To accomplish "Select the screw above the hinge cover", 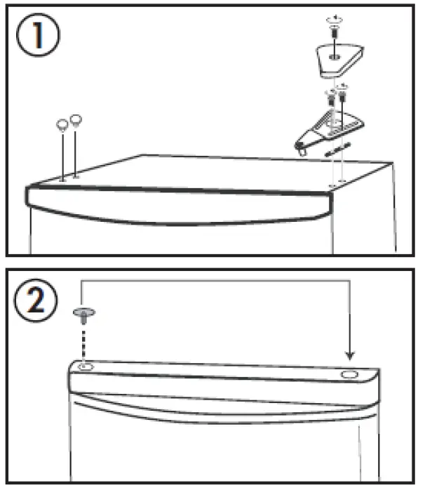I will pyautogui.click(x=335, y=29).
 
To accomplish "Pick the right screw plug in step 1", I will pyautogui.click(x=76, y=120).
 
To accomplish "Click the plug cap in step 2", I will pyautogui.click(x=83, y=311).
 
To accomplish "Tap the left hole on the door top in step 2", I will pyautogui.click(x=85, y=367).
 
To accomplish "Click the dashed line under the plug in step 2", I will pyautogui.click(x=84, y=341).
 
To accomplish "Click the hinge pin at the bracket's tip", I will pyautogui.click(x=303, y=148).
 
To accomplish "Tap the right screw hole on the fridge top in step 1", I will pyautogui.click(x=342, y=185).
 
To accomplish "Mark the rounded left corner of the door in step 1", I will pyautogui.click(x=29, y=197).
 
